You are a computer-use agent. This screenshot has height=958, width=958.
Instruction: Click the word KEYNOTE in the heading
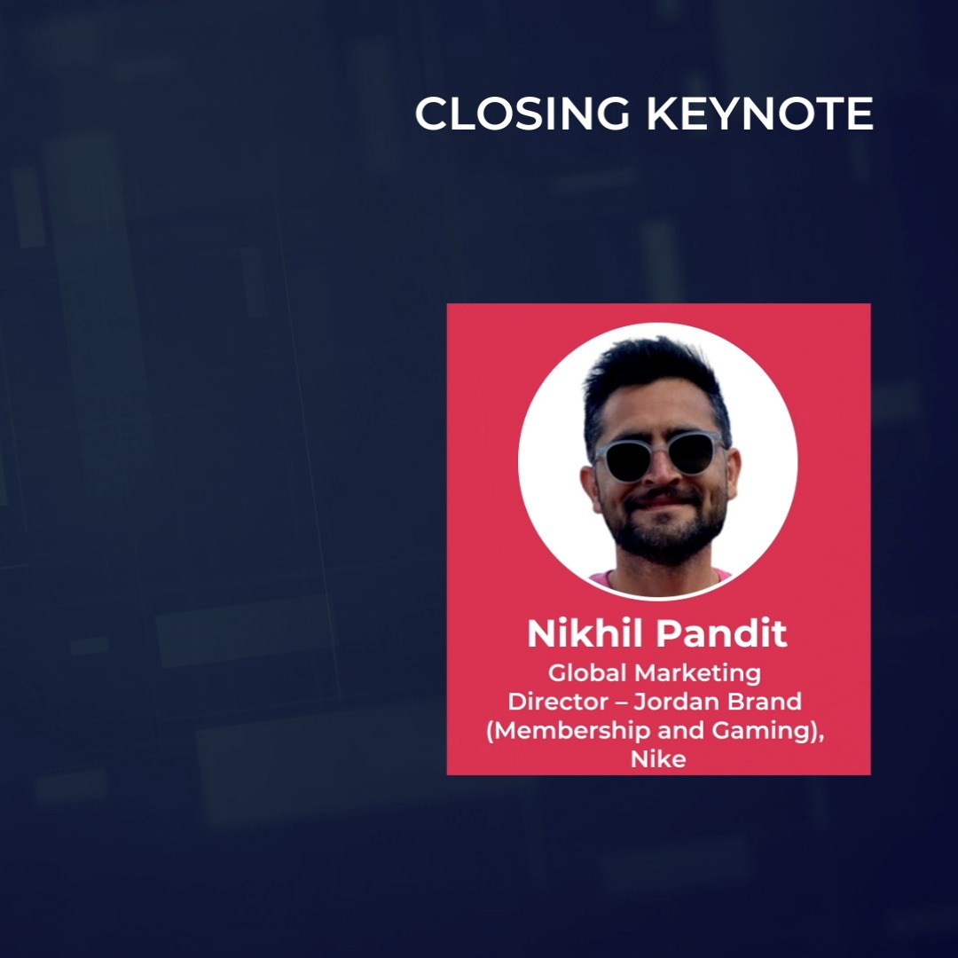click(x=759, y=114)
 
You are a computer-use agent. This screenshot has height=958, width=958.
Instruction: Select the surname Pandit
click(x=721, y=634)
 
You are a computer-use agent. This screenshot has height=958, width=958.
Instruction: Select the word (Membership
click(x=562, y=731)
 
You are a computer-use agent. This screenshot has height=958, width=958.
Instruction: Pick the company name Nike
click(x=658, y=760)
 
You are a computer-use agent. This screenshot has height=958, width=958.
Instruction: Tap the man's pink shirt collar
click(x=612, y=581)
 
